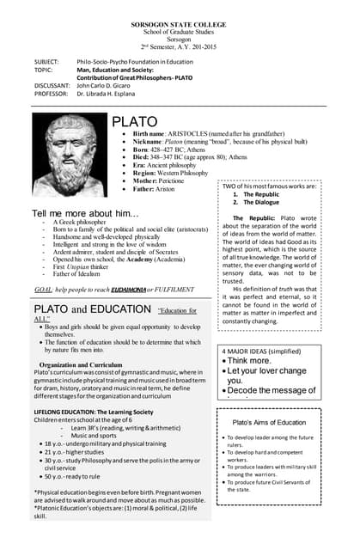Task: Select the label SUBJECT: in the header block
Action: click(46, 63)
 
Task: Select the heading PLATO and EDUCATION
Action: click(94, 309)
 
